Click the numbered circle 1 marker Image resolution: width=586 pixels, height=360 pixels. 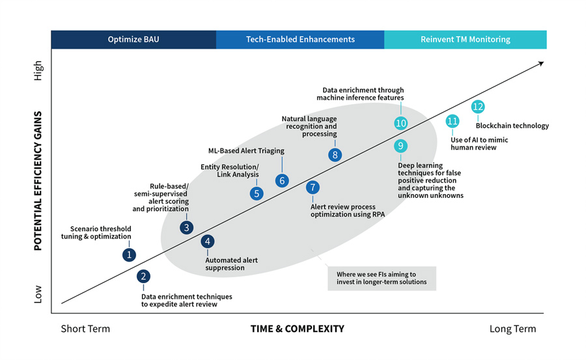[x=130, y=255]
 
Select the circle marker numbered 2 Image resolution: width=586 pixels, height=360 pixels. [x=144, y=276]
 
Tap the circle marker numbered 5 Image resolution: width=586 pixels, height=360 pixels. [x=257, y=193]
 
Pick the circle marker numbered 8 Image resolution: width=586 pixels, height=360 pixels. [x=335, y=154]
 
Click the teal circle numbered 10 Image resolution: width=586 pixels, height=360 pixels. [x=401, y=123]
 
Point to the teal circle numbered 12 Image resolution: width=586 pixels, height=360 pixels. [x=478, y=107]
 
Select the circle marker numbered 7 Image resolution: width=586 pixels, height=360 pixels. [x=313, y=187]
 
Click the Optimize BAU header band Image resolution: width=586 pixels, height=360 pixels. [x=133, y=39]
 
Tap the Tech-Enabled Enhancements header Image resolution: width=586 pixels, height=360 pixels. [x=300, y=39]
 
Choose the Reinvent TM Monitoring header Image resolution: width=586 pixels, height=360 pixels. [x=465, y=39]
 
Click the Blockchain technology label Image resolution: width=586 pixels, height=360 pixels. [x=512, y=126]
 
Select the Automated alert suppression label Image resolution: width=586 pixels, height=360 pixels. [x=231, y=264]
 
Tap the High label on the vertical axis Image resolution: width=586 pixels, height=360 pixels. [x=38, y=70]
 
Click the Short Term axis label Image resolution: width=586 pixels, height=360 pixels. [x=85, y=329]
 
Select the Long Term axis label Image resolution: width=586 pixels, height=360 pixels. [x=512, y=329]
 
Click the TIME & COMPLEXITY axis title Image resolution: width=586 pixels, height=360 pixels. [x=297, y=329]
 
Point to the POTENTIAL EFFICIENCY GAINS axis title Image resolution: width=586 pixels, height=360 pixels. [x=38, y=181]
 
